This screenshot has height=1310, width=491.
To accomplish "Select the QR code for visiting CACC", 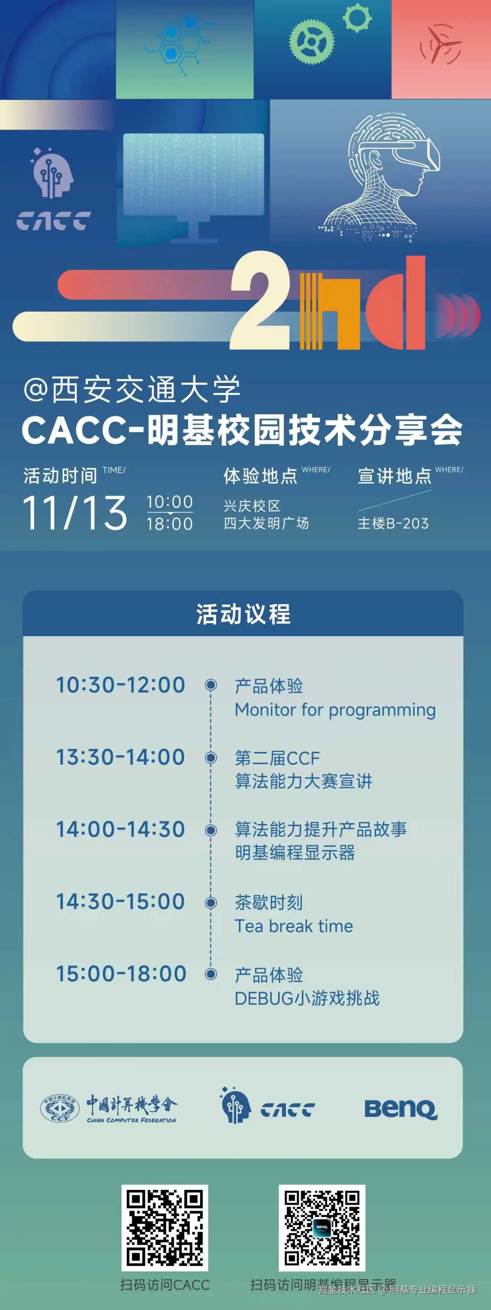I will click(165, 1228).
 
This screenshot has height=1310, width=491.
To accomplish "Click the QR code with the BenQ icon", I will click(322, 1228).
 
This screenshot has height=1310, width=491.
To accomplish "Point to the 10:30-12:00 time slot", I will click(120, 685).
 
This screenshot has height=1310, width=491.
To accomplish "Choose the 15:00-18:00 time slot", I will click(121, 974).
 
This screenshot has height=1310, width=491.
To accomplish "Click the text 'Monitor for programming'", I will click(335, 710).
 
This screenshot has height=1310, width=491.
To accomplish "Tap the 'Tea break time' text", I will click(294, 926).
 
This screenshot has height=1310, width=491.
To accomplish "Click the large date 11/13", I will click(75, 513).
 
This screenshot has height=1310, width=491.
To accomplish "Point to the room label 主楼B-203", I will click(393, 523).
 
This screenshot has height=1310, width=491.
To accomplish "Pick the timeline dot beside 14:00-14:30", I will click(211, 830).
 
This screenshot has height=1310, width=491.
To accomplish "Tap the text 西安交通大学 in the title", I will click(145, 390).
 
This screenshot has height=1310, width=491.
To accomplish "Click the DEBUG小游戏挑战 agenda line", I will click(307, 998).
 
